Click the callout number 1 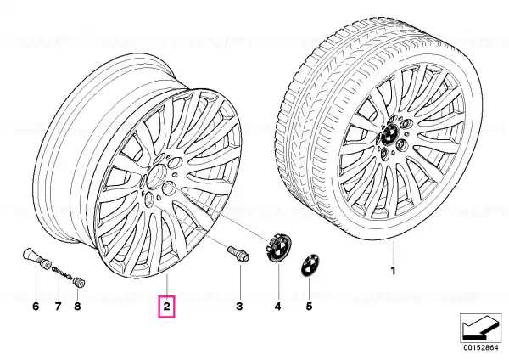pyautogui.click(x=393, y=270)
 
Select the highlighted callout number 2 pyautogui.click(x=166, y=306)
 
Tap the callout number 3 pyautogui.click(x=239, y=306)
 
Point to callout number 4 pyautogui.click(x=277, y=306)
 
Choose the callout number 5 pyautogui.click(x=309, y=306)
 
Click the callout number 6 pyautogui.click(x=36, y=306)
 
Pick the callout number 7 pyautogui.click(x=58, y=306)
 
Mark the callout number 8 pyautogui.click(x=77, y=306)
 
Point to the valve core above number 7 pyautogui.click(x=62, y=273)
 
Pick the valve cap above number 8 pyautogui.click(x=79, y=282)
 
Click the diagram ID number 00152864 pyautogui.click(x=481, y=347)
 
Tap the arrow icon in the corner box pyautogui.click(x=480, y=328)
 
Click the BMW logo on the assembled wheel pyautogui.click(x=390, y=135)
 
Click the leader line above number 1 pyautogui.click(x=394, y=252)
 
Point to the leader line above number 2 pyautogui.click(x=166, y=284)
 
